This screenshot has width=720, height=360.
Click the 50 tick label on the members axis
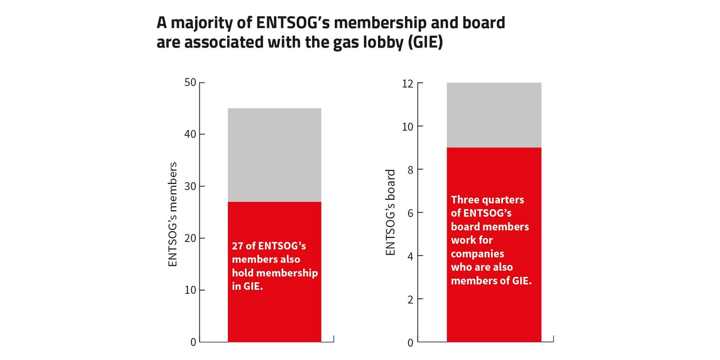[190, 82]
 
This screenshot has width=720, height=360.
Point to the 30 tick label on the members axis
[190, 186]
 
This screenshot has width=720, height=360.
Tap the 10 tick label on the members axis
[190, 290]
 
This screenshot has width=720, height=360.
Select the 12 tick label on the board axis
[408, 84]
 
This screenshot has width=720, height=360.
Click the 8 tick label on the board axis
[410, 170]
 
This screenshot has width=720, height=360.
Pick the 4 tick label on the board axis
[410, 256]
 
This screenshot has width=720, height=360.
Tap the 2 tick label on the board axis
[410, 300]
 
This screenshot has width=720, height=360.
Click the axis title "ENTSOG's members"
[173, 214]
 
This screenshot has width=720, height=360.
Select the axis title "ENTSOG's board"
[390, 212]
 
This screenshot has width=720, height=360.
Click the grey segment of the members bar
[274, 155]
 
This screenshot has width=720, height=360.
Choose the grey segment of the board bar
[494, 115]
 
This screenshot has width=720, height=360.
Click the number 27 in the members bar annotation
[238, 246]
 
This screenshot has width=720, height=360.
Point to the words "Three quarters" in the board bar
[487, 200]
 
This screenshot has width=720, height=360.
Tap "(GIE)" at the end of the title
[425, 42]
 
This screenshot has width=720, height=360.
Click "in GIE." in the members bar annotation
[247, 286]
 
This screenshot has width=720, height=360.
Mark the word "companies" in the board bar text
[477, 254]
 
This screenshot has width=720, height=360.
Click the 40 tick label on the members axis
[190, 134]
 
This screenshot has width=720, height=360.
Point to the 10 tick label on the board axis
[408, 126]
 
